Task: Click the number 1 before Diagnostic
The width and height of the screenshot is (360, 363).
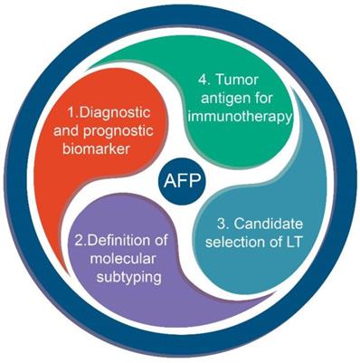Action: (x=71, y=115)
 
